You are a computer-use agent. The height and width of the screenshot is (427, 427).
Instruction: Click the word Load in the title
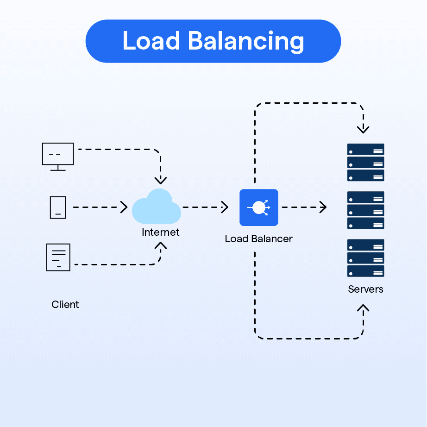(x=151, y=41)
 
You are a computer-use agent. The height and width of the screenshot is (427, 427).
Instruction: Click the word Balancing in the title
(x=246, y=42)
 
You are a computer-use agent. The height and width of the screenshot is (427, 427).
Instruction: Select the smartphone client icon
(x=58, y=207)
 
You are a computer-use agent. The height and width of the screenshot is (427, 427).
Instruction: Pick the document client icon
(x=58, y=257)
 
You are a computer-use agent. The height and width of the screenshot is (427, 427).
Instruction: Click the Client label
(x=65, y=304)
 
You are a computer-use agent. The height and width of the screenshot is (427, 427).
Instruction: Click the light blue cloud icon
(x=157, y=207)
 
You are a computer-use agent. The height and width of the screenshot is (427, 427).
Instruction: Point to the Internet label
(x=160, y=232)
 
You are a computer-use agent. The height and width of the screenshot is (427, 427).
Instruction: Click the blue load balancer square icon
(x=258, y=207)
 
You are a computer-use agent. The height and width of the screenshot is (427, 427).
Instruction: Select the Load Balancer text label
(x=258, y=239)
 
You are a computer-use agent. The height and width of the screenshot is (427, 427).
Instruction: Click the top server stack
(x=365, y=162)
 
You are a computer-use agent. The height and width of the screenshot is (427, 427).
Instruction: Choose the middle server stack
(x=365, y=210)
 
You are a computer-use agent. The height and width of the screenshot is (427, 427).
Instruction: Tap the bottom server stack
(x=365, y=258)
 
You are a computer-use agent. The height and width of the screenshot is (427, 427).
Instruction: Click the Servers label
(x=365, y=289)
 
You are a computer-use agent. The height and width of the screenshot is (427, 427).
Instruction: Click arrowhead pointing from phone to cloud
(x=124, y=207)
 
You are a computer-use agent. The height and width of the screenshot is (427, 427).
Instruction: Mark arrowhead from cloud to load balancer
(x=225, y=207)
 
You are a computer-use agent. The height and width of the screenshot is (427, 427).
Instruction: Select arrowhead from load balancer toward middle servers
(x=323, y=207)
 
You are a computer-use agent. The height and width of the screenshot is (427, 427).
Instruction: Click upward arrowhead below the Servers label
(x=364, y=308)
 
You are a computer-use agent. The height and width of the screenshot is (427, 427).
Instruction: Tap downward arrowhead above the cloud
(x=161, y=180)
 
